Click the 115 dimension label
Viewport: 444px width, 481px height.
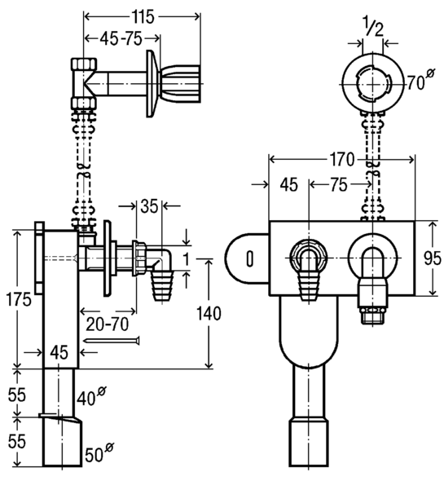click(143, 16)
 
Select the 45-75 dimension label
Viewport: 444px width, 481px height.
click(121, 39)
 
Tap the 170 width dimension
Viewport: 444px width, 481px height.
click(341, 159)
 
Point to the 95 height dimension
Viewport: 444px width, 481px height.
click(433, 258)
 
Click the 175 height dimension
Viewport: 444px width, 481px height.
click(19, 299)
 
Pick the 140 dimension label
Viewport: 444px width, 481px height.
click(209, 314)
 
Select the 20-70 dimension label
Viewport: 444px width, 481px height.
click(107, 324)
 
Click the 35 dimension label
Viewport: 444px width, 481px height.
click(149, 206)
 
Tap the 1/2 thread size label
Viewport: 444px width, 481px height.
click(373, 27)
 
